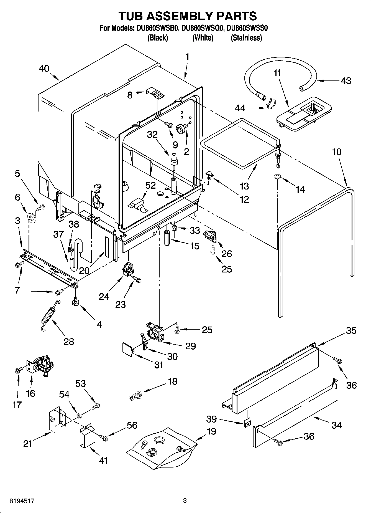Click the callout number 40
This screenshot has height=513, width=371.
pyautogui.click(x=44, y=69)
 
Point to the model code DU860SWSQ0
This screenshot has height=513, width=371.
pyautogui.click(x=202, y=28)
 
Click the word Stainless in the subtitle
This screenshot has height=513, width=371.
pyautogui.click(x=246, y=38)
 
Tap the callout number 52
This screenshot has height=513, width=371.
pyautogui.click(x=150, y=185)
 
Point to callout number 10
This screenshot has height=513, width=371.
pyautogui.click(x=337, y=152)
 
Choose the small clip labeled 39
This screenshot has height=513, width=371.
pyautogui.click(x=247, y=421)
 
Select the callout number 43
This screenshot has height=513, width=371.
pyautogui.click(x=346, y=81)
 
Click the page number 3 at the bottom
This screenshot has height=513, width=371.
pyautogui.click(x=185, y=501)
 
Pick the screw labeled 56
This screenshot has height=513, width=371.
pyautogui.click(x=104, y=438)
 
